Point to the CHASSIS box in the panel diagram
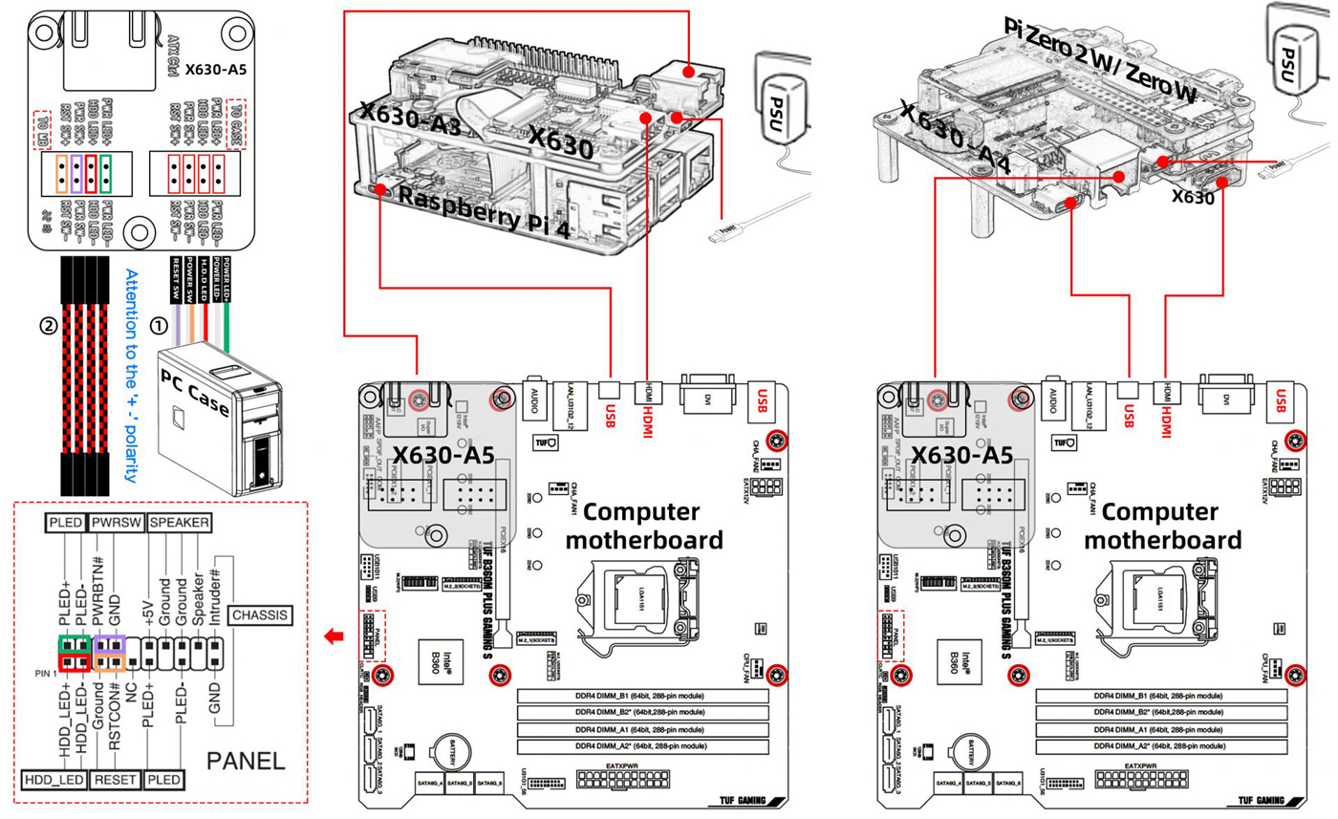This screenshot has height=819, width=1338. [x=260, y=614]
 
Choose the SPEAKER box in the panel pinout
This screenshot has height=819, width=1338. [x=180, y=524]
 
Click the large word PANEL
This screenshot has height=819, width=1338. [x=247, y=761]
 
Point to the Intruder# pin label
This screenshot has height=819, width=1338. [x=217, y=594]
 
